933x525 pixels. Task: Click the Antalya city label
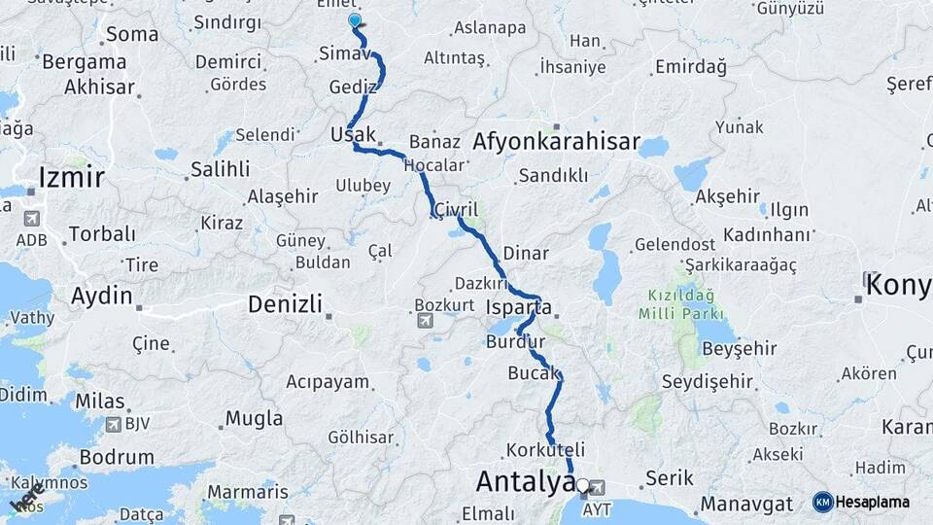pos(525,481)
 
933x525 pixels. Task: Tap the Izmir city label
pos(71,177)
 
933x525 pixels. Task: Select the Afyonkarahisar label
pos(556,142)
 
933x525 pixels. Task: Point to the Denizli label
pos(285,304)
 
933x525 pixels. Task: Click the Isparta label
pos(519,308)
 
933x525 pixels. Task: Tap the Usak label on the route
pos(353,133)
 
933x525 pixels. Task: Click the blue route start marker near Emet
pos(355,19)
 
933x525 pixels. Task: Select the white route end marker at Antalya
pos(582,484)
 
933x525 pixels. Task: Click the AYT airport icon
pos(596,488)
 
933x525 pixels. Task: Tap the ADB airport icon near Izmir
pos(31,220)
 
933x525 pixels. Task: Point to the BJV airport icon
pos(114,425)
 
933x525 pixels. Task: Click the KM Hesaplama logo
pos(861,502)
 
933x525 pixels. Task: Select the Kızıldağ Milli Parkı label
pos(681,303)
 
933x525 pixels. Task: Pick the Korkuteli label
pos(545,450)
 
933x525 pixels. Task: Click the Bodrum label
pos(117,457)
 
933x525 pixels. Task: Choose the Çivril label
pos(457,210)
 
